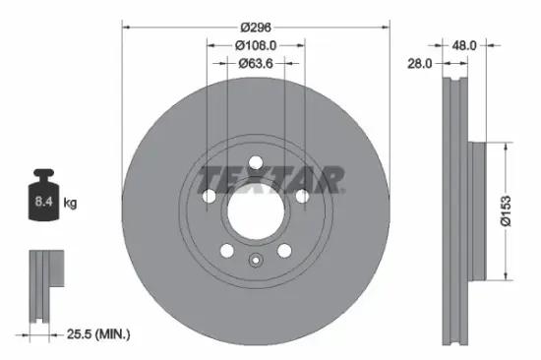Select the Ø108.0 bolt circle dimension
click(x=256, y=44)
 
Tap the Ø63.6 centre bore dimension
click(x=256, y=63)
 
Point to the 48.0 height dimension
click(x=464, y=44)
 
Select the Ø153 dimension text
click(x=505, y=210)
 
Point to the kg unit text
click(x=71, y=204)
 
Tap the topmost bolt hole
click(x=256, y=164)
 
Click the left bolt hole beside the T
click(x=209, y=198)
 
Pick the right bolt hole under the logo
click(x=303, y=198)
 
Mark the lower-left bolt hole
click(x=227, y=251)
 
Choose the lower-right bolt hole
click(x=284, y=251)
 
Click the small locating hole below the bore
click(x=256, y=261)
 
